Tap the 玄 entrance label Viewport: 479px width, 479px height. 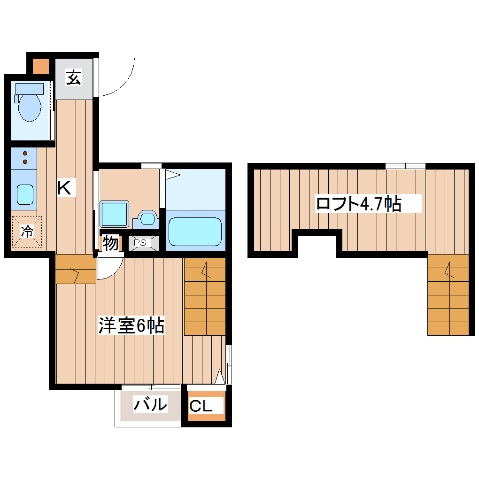[x=73, y=77]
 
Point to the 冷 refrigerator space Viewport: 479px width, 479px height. [x=27, y=231]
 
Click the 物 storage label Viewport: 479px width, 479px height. [x=110, y=244]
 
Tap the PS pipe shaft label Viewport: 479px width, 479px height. [x=140, y=243]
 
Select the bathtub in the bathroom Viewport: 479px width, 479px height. [x=194, y=231]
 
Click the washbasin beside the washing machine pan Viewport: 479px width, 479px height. [x=147, y=219]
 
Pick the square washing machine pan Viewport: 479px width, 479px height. [x=115, y=214]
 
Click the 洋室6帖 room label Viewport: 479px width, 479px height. [x=131, y=325]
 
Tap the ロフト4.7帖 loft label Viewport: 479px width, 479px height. [x=358, y=204]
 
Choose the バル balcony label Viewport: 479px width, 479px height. [x=150, y=404]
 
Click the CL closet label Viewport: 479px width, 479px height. [x=201, y=406]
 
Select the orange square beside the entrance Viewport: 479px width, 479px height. [x=40, y=66]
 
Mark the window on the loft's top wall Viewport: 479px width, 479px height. [x=405, y=166]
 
